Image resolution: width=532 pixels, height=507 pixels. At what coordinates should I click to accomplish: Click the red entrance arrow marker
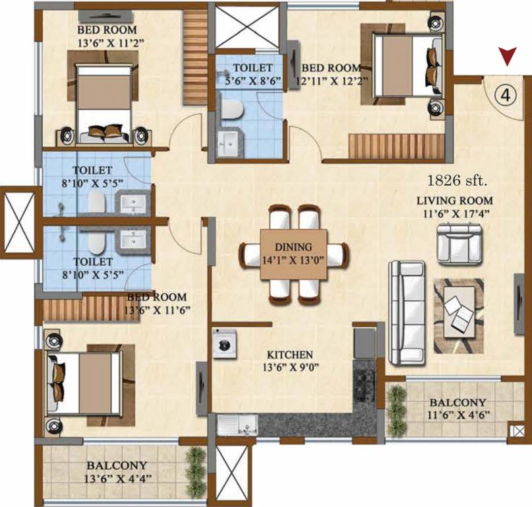[x=506, y=57]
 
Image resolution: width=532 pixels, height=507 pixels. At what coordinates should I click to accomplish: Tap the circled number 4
[x=505, y=95]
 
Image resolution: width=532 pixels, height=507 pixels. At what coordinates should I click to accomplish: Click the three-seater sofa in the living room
[x=405, y=313]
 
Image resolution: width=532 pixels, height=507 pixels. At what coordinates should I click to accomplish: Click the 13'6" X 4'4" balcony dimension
[x=115, y=478]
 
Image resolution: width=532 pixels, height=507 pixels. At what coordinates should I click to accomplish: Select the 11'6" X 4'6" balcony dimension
[x=458, y=415]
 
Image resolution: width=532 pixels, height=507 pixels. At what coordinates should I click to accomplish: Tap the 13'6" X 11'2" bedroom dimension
[x=107, y=43]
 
